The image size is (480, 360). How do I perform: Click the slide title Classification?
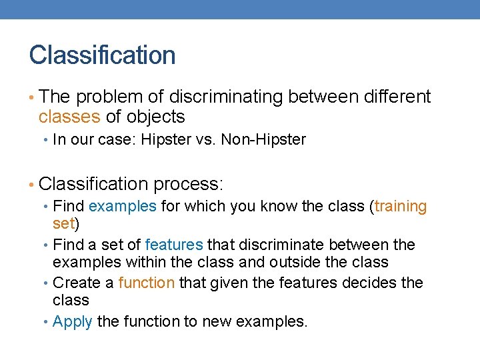click(x=102, y=55)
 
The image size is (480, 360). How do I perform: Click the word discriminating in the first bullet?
click(x=226, y=97)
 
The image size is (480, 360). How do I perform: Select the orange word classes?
click(x=69, y=117)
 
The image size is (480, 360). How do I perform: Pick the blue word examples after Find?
click(x=122, y=207)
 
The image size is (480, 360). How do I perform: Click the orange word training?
click(x=401, y=207)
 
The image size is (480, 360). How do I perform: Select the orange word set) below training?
click(x=66, y=222)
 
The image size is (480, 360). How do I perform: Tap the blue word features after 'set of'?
click(x=174, y=245)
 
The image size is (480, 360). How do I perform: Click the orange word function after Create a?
click(x=146, y=283)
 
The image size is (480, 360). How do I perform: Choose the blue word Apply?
click(x=72, y=321)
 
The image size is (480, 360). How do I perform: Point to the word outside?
click(x=306, y=262)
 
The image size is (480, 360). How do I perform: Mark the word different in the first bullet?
click(x=397, y=97)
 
